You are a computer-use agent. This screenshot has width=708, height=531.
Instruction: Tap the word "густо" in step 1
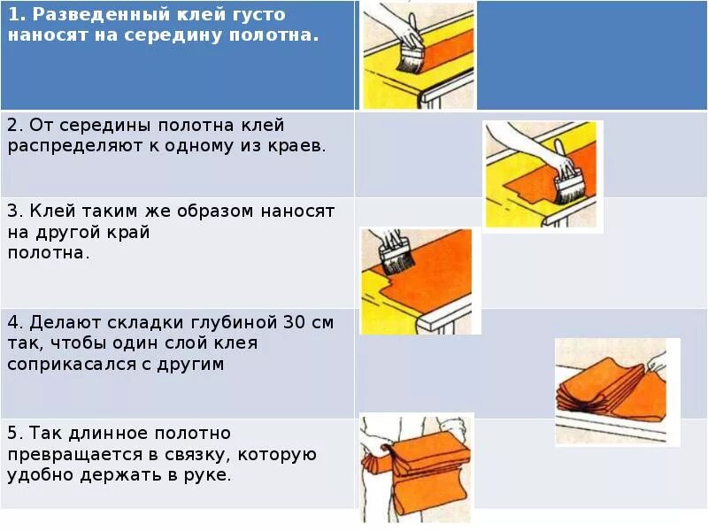(x=262, y=15)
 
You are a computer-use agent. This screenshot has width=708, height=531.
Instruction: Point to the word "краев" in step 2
(x=298, y=146)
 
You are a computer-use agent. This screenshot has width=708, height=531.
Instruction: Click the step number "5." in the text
(x=15, y=434)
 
